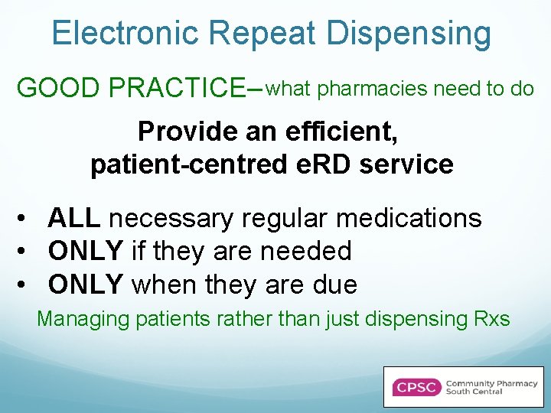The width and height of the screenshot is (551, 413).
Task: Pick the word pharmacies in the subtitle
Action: coord(373,89)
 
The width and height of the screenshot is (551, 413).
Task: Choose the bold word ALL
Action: coord(73,219)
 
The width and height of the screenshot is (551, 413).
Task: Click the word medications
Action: coord(409,219)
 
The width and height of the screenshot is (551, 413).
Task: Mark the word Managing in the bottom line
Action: coord(83,318)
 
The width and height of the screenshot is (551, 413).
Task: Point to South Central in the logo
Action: coord(474,392)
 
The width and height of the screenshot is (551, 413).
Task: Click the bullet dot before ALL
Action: coord(25,220)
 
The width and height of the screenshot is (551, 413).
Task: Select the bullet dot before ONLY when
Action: coord(25,285)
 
